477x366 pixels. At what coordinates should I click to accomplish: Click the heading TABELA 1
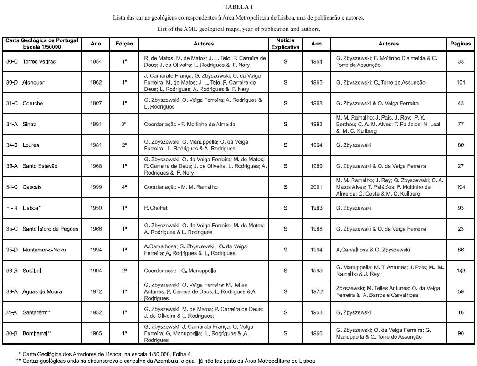(238, 6)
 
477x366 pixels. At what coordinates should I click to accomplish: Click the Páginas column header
(461, 44)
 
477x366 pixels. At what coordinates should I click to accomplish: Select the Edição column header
(124, 44)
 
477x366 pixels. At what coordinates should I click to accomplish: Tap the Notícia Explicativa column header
(285, 44)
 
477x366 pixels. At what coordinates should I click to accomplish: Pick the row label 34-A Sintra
(28, 124)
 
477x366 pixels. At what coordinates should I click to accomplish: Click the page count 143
(461, 271)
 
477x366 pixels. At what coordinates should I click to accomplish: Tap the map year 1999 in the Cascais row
(96, 187)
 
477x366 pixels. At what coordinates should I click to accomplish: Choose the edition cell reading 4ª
(124, 187)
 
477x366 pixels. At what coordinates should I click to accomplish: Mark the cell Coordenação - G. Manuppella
(180, 271)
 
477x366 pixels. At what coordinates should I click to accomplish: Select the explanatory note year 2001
(317, 187)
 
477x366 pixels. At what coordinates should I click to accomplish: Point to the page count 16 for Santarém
(461, 312)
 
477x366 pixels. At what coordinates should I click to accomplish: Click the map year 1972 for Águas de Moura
(96, 291)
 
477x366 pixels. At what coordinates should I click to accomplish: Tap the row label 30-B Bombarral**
(35, 333)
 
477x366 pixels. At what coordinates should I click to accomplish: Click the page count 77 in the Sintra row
(461, 124)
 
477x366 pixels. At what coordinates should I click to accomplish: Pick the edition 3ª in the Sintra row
(124, 124)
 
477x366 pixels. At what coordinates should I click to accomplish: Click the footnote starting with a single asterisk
(104, 353)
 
